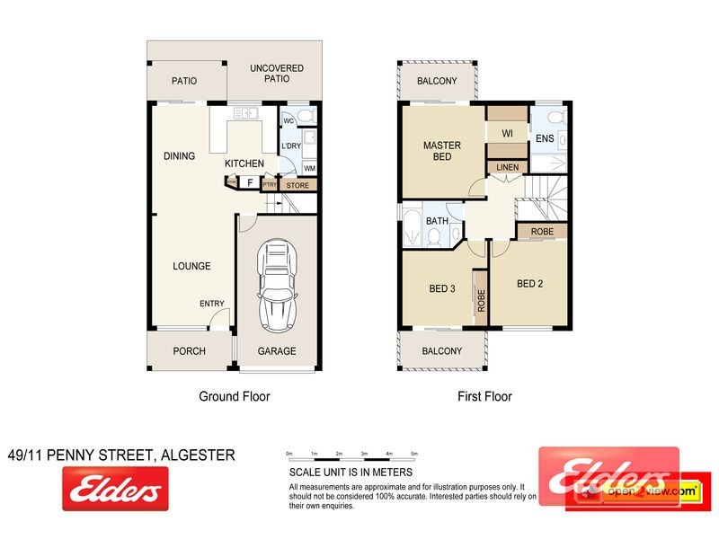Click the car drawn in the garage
277,287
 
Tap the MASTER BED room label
442,151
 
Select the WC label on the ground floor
288,120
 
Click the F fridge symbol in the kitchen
249,182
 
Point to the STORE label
297,185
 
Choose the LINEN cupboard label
506,167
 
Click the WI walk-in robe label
507,133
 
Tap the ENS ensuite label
545,138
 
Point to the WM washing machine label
309,168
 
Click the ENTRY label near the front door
212,304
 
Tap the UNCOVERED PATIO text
277,74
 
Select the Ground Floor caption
234,396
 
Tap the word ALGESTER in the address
198,455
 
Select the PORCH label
189,351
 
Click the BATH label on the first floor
437,221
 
